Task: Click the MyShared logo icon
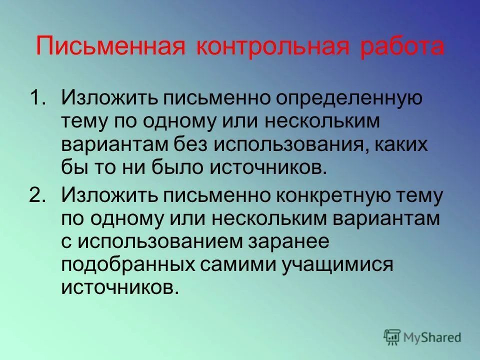[x=392, y=337]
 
